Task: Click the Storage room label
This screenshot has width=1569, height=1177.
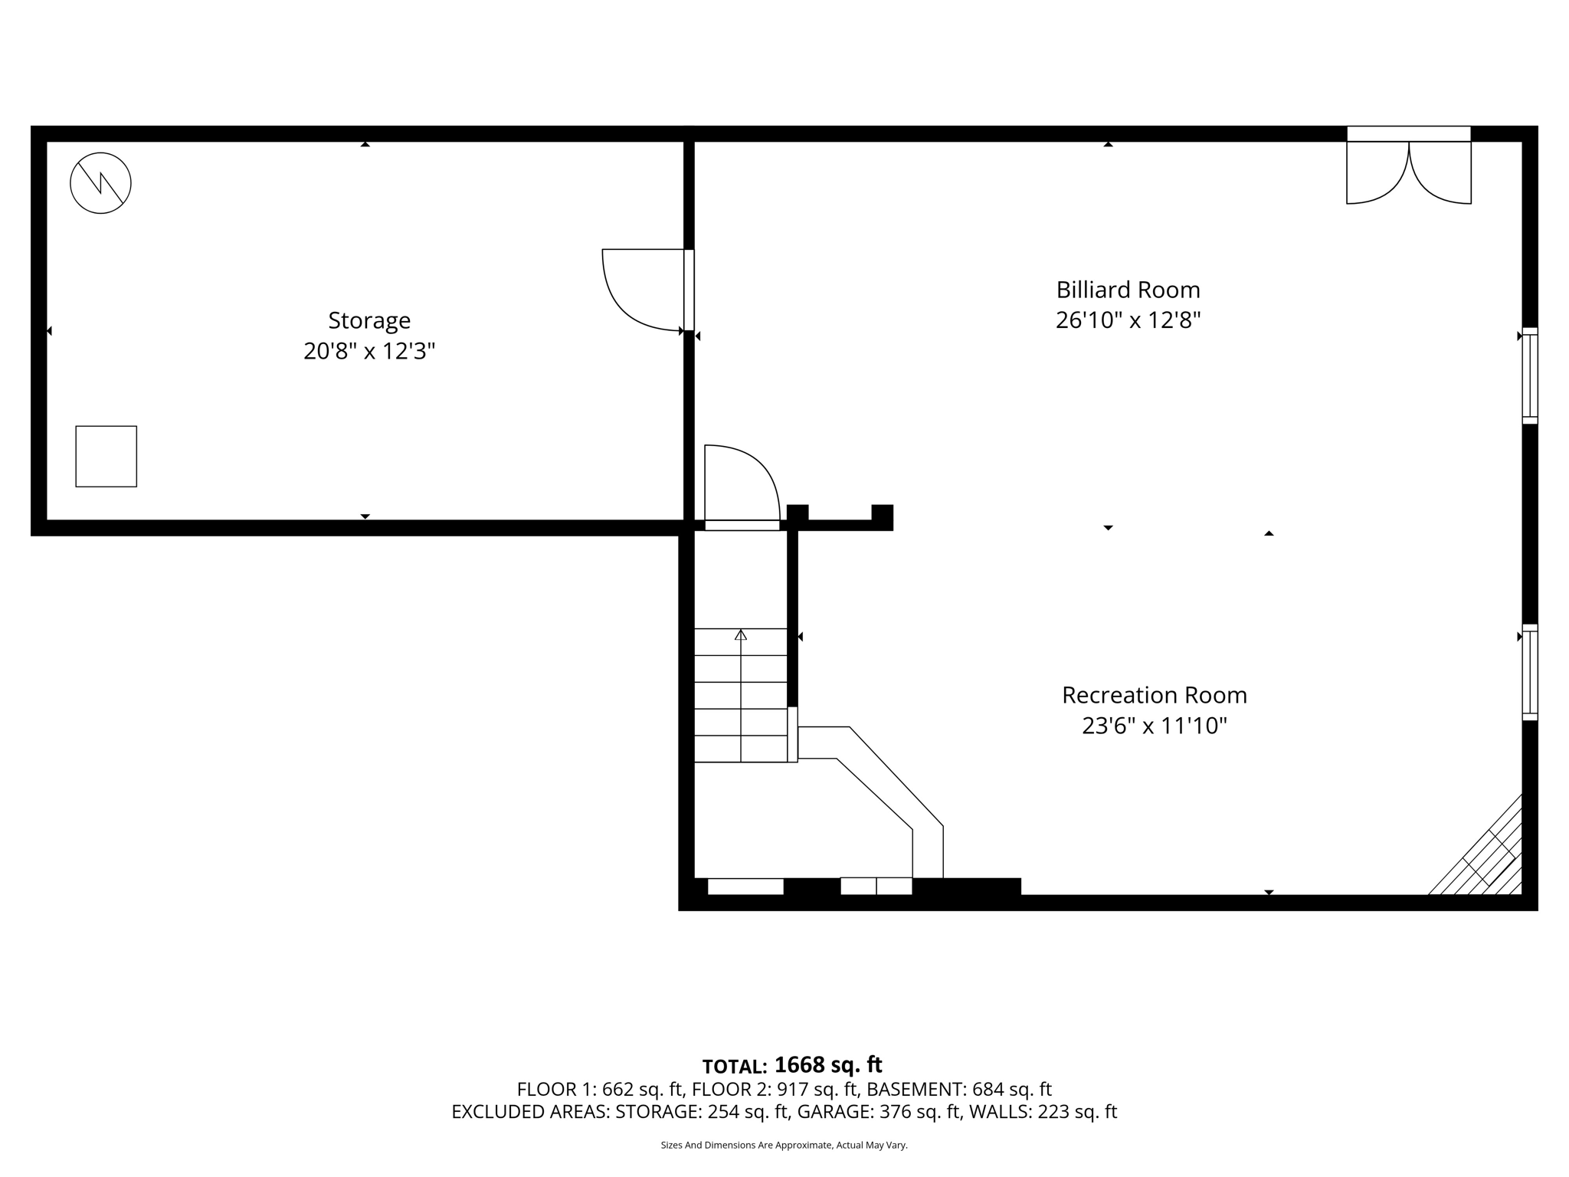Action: click(369, 320)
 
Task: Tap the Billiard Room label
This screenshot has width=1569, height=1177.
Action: click(1128, 290)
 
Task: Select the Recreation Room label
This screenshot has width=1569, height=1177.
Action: click(1154, 695)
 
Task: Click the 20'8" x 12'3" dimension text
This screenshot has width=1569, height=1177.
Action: click(369, 351)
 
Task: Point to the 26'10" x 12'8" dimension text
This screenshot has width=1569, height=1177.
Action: click(1128, 320)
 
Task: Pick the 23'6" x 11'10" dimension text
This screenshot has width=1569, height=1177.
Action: click(1154, 725)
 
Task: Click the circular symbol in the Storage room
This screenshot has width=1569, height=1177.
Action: click(100, 183)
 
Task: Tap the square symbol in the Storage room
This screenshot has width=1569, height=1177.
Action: click(106, 456)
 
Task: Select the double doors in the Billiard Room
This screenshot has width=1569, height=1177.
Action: click(1408, 172)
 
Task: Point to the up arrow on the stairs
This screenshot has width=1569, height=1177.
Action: click(740, 635)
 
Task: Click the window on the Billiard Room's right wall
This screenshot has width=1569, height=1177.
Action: click(1529, 375)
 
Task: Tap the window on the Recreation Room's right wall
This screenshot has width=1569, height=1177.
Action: click(1529, 672)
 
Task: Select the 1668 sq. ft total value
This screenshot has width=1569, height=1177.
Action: click(828, 1064)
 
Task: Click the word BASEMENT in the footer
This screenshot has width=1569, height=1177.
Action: click(916, 1089)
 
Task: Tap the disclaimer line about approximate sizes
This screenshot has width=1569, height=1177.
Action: click(784, 1145)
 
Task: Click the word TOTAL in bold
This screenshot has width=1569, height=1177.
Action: click(734, 1067)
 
